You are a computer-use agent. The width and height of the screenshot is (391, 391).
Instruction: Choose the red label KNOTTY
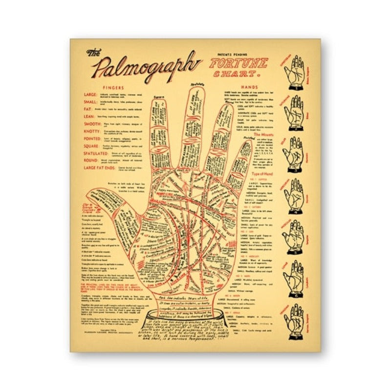[x=92, y=132]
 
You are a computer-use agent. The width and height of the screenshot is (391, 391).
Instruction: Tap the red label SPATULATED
[x=95, y=153]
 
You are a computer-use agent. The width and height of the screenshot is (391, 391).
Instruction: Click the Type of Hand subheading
[x=262, y=174]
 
